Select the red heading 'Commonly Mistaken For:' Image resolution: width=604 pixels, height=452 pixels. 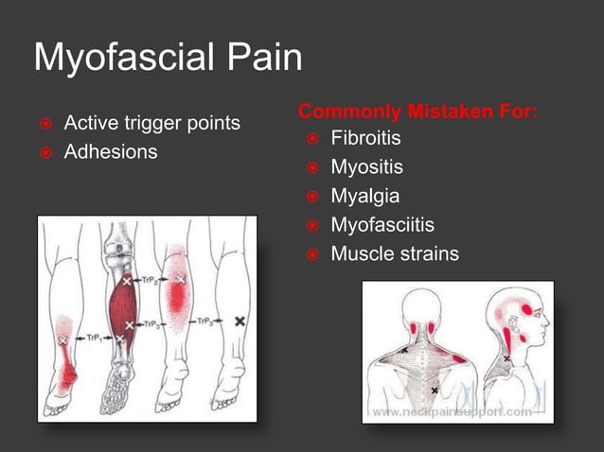tap(418, 113)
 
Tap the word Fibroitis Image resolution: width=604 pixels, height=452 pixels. tap(365, 140)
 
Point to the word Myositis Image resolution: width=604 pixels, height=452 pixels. tap(366, 168)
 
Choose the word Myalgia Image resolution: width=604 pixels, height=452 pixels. tap(364, 197)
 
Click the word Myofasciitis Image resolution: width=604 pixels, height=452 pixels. tap(382, 225)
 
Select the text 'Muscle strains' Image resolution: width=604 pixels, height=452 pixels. tap(394, 253)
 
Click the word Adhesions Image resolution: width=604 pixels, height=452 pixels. tap(110, 151)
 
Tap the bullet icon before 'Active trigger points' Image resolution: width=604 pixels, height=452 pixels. tap(43, 124)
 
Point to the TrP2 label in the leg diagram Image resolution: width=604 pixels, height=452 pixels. tap(151, 281)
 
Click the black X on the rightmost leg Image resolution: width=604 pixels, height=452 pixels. tap(240, 322)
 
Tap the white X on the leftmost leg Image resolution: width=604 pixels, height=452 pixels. tap(62, 339)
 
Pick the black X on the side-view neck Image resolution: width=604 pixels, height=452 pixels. tap(507, 359)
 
